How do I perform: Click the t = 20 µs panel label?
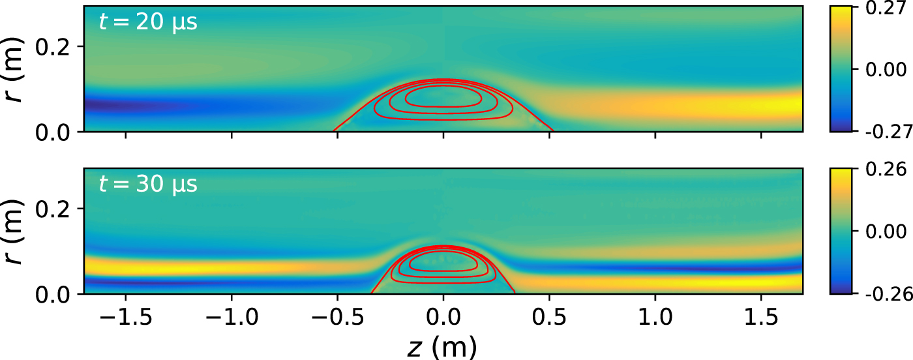coord(148,23)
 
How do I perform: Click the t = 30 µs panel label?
coord(148,185)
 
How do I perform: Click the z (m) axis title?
coord(443,348)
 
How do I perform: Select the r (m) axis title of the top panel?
coord(16,69)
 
